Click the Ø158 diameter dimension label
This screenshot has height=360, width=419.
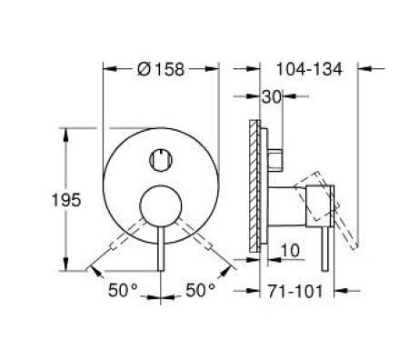pyautogui.click(x=161, y=69)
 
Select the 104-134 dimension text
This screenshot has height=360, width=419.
pyautogui.click(x=309, y=69)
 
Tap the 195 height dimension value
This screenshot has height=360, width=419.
pyautogui.click(x=66, y=200)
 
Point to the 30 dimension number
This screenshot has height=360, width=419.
pyautogui.click(x=272, y=96)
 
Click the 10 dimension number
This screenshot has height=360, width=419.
pyautogui.click(x=291, y=250)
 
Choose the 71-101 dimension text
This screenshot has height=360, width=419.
pyautogui.click(x=295, y=291)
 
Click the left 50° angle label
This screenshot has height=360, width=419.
pyautogui.click(x=123, y=290)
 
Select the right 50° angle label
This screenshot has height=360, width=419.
pyautogui.click(x=201, y=290)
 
